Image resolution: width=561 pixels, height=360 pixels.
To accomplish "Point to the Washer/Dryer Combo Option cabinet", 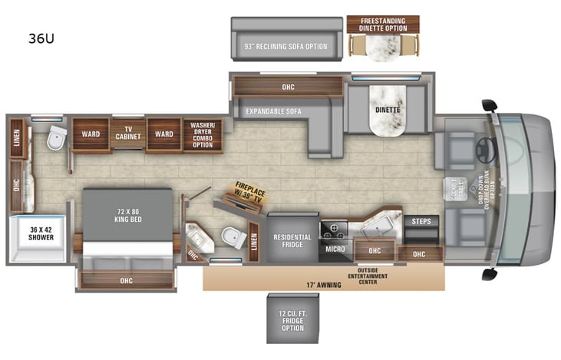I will click(203, 134).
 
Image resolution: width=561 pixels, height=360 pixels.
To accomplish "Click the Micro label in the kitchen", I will click(335, 249).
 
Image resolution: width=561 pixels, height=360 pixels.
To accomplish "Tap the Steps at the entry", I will click(421, 222).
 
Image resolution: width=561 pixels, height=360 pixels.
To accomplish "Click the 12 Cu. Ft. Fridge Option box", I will click(292, 318).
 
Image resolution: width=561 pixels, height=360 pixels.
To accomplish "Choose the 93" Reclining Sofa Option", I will click(285, 46).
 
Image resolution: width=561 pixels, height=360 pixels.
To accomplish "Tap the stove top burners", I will click(335, 228).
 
